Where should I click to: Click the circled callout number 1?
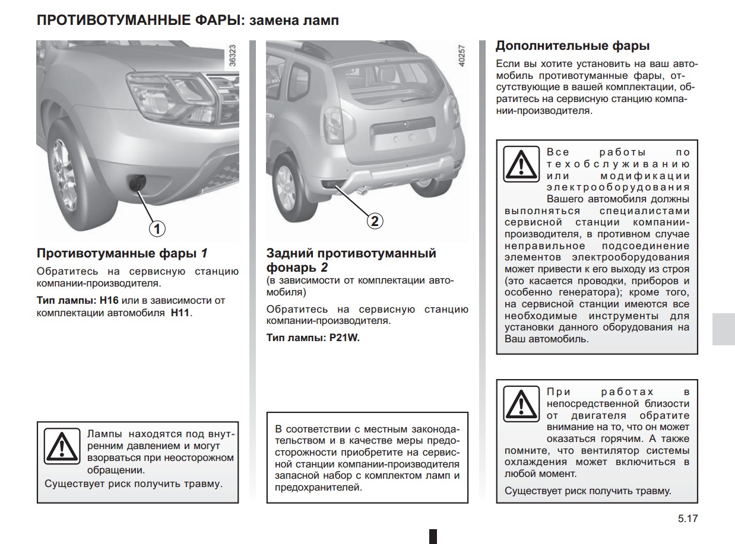pyautogui.click(x=157, y=228)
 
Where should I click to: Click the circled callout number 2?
pyautogui.click(x=375, y=221)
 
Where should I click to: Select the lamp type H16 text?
pyautogui.click(x=109, y=301)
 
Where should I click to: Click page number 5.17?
pyautogui.click(x=688, y=518)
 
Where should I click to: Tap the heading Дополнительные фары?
pyautogui.click(x=572, y=46)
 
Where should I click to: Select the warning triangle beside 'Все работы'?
pyautogui.click(x=521, y=163)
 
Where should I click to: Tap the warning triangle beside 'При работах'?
pyautogui.click(x=521, y=403)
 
